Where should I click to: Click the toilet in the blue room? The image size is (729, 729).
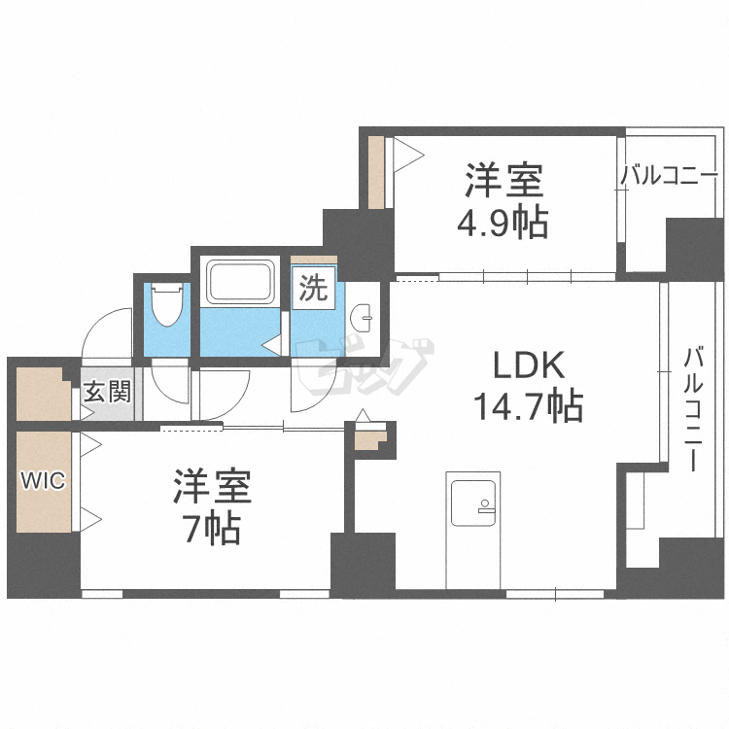click(x=168, y=305)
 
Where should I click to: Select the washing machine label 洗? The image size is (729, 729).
click(x=311, y=288)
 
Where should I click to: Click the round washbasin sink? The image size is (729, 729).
click(x=363, y=314)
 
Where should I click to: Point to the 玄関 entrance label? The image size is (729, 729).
click(x=106, y=393)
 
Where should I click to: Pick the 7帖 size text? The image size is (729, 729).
click(x=213, y=530)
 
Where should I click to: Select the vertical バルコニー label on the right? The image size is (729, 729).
click(x=692, y=408)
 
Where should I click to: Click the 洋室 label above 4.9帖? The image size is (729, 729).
click(x=503, y=181)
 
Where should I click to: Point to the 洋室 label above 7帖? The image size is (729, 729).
click(x=213, y=487)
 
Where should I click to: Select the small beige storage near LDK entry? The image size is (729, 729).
click(x=369, y=439)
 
